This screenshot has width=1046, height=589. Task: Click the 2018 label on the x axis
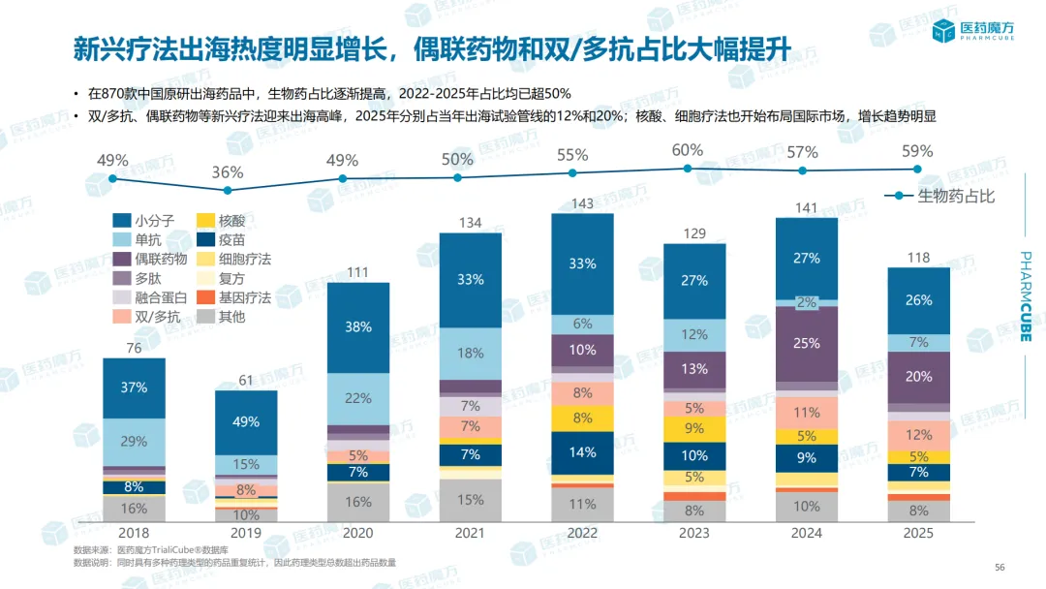134,533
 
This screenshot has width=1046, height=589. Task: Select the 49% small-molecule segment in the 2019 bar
246,421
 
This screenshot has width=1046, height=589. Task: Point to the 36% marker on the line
228,190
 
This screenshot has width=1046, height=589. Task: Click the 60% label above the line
688,150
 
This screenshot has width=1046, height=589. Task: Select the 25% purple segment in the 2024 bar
807,343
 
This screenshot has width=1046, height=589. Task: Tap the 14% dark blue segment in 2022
583,452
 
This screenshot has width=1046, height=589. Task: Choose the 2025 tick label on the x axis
919,533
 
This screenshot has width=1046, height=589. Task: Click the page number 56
1000,568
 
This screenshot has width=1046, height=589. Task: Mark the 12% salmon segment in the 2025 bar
919,435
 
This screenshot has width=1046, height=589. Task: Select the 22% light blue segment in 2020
358,398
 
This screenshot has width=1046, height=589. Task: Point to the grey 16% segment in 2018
134,509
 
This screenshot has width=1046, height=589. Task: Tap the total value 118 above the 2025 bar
919,258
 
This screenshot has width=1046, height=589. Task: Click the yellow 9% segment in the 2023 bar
694,428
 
